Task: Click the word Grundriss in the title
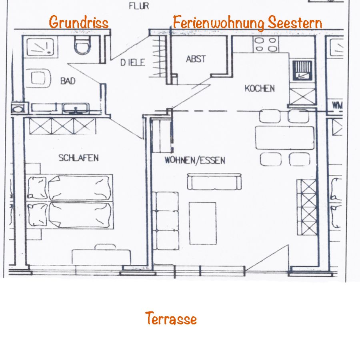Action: coord(79,22)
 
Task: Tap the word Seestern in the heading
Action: coord(295,23)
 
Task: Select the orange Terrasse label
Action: coord(171,318)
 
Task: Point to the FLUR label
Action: coord(139,6)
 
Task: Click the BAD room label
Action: coord(68,81)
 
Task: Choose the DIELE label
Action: coord(133,62)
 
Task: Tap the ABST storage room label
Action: coord(196,59)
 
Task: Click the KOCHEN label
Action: coord(260,88)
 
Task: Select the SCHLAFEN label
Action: coord(78,158)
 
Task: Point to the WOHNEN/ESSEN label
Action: coord(195,160)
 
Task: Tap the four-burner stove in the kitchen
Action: coord(266,44)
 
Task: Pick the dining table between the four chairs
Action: coord(285,138)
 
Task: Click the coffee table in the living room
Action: coord(203,223)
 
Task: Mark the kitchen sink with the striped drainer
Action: coord(302,70)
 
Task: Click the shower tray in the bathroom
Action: coord(40,47)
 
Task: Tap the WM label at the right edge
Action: coord(337,105)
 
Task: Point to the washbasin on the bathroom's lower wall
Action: coord(76,108)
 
